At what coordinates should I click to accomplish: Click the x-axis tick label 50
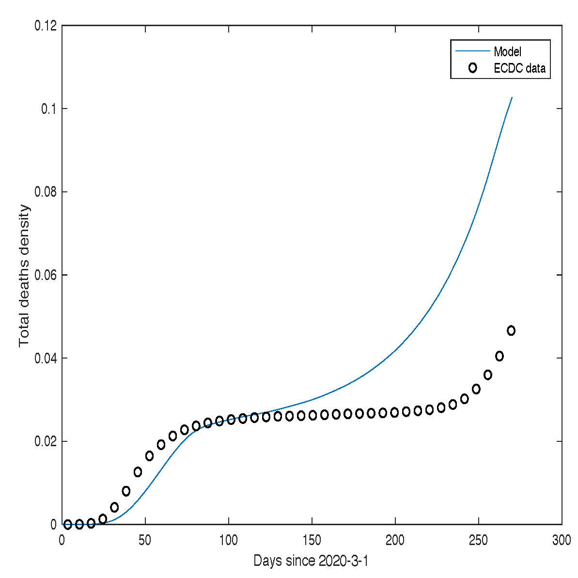pos(145,540)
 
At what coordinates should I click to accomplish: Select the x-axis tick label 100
pos(229,540)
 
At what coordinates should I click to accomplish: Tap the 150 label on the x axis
pos(312,540)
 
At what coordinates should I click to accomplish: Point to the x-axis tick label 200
pos(395,540)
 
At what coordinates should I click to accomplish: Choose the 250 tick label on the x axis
pos(479,540)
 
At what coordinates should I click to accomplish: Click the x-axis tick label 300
pos(562,540)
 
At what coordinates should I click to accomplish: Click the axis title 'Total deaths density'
pos(24,275)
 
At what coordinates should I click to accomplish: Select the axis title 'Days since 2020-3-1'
pos(311,561)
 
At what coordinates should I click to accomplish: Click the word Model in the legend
pos(507,51)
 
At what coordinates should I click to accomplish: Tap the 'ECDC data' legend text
pos(519,68)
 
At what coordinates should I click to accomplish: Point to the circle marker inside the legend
pos(472,68)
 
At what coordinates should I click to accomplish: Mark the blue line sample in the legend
pos(472,51)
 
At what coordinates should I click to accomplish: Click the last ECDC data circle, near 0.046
pos(511,330)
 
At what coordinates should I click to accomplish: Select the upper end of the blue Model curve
pos(512,98)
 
